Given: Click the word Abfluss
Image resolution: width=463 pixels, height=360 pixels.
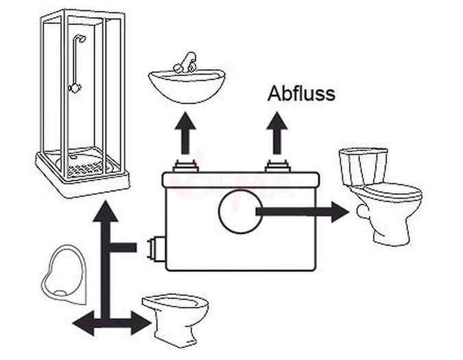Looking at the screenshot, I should point(302,93).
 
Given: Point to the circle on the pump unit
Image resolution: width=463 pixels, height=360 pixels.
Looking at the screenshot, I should point(240,212).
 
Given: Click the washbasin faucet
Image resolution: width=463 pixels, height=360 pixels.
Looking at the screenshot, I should point(185,64).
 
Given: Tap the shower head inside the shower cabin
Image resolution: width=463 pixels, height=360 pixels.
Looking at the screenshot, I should point(82,39).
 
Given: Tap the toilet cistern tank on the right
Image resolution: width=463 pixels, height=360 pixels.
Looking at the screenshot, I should point(363,165).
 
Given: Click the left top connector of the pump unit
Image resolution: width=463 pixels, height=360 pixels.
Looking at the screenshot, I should point(185,166).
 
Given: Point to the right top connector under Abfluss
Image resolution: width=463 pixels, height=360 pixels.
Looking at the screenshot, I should point(277,166).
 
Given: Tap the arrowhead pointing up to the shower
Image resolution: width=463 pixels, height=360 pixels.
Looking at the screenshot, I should point(105,212).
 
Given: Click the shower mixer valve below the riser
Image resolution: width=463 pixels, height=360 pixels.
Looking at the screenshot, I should point(75,88).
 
